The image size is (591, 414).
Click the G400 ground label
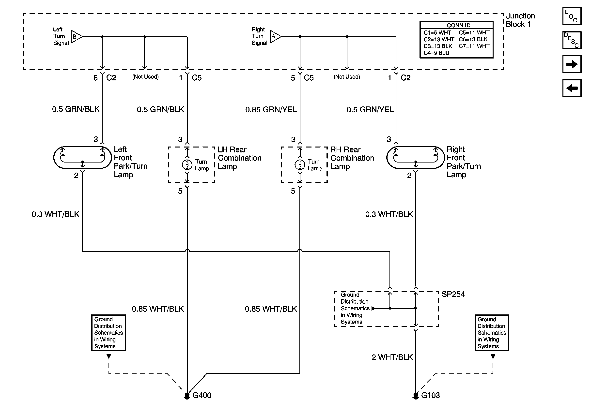point(202,395)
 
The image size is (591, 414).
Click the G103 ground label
point(430,395)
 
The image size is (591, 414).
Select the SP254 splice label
point(453,294)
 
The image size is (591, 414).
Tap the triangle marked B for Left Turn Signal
point(77,37)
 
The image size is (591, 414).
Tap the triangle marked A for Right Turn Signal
point(275,37)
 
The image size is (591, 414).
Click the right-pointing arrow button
point(572,64)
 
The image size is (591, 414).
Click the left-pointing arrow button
point(572,88)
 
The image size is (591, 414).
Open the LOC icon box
point(572,16)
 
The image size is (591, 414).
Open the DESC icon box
point(572,40)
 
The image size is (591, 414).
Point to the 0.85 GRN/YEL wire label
point(271,110)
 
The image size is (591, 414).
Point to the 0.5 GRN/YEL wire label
point(370,110)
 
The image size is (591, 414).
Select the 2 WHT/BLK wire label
point(392,357)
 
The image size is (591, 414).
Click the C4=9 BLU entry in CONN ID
point(436,53)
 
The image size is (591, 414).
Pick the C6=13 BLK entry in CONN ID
point(473,39)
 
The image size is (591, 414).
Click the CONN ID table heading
point(458,25)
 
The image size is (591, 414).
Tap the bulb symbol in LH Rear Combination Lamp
point(187,164)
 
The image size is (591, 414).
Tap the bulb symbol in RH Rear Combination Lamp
point(300,164)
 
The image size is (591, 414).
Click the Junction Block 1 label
point(520,20)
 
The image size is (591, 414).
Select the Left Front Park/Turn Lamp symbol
point(82,158)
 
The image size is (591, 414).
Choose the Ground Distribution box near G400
point(108,333)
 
